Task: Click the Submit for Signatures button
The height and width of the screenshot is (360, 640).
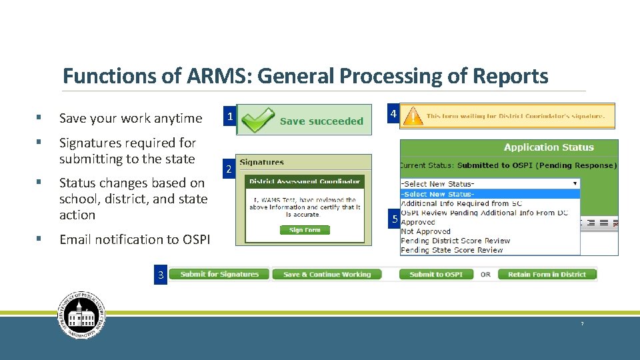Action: coord(219,274)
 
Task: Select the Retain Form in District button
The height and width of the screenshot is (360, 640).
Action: coord(547,274)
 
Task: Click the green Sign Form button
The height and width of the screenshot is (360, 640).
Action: coord(305,230)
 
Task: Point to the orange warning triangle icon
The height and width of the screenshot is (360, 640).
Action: coord(415,116)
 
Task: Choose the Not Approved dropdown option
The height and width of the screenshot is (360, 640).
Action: coord(425,231)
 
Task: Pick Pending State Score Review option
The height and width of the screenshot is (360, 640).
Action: coord(451,250)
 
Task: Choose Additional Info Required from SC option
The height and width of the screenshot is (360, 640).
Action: coord(461,203)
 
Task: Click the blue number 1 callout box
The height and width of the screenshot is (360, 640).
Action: coord(229,117)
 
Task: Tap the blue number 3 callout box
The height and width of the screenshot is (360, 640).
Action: coord(160,275)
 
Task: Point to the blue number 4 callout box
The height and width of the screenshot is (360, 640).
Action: coord(393,115)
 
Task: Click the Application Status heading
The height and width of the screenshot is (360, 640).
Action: coord(548,147)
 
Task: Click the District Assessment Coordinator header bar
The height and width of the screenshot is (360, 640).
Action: coord(304,181)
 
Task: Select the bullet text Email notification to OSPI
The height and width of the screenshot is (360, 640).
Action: coord(134,239)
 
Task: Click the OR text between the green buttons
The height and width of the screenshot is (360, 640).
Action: coord(485,274)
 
